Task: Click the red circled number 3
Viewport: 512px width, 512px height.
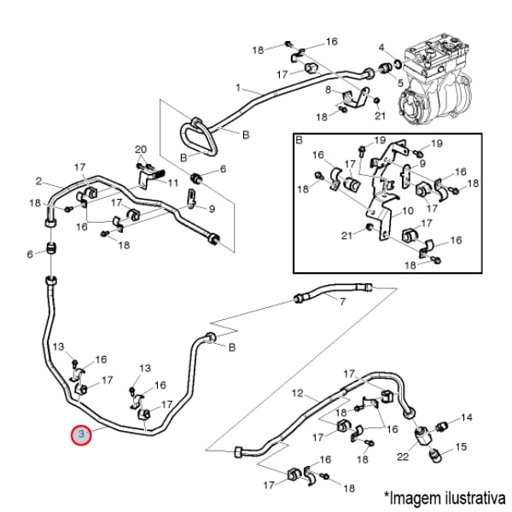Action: (x=81, y=435)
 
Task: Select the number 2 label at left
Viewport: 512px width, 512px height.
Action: (x=39, y=180)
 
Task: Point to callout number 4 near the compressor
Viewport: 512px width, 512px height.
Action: (x=382, y=47)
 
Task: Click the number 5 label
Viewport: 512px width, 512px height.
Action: (x=399, y=82)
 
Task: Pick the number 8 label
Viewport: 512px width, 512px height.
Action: (x=328, y=90)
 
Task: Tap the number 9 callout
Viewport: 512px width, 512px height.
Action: (x=212, y=208)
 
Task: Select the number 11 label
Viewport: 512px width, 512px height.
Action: (x=172, y=183)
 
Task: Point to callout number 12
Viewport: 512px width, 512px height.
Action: (x=298, y=393)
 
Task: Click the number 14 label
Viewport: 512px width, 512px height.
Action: (x=467, y=417)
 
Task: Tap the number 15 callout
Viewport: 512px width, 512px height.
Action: (x=463, y=446)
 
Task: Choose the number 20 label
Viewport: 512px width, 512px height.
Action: (x=141, y=149)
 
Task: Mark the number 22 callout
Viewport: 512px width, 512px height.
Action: (x=403, y=457)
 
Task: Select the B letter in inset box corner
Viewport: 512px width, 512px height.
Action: (x=300, y=139)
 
